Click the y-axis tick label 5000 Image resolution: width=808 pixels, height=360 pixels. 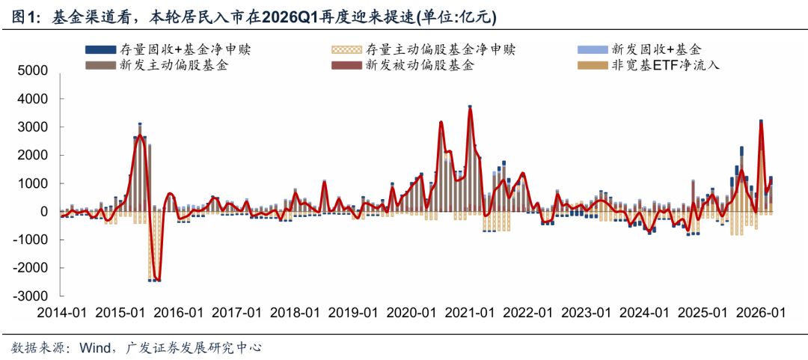pos(33,71)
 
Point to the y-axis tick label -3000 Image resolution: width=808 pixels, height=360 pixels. pos(31,296)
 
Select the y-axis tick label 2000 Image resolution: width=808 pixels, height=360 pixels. pos(33,156)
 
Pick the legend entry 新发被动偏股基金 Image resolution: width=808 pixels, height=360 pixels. pos(419,66)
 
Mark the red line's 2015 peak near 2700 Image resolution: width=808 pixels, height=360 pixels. pos(140,136)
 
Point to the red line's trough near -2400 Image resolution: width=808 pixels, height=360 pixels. pos(156,279)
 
